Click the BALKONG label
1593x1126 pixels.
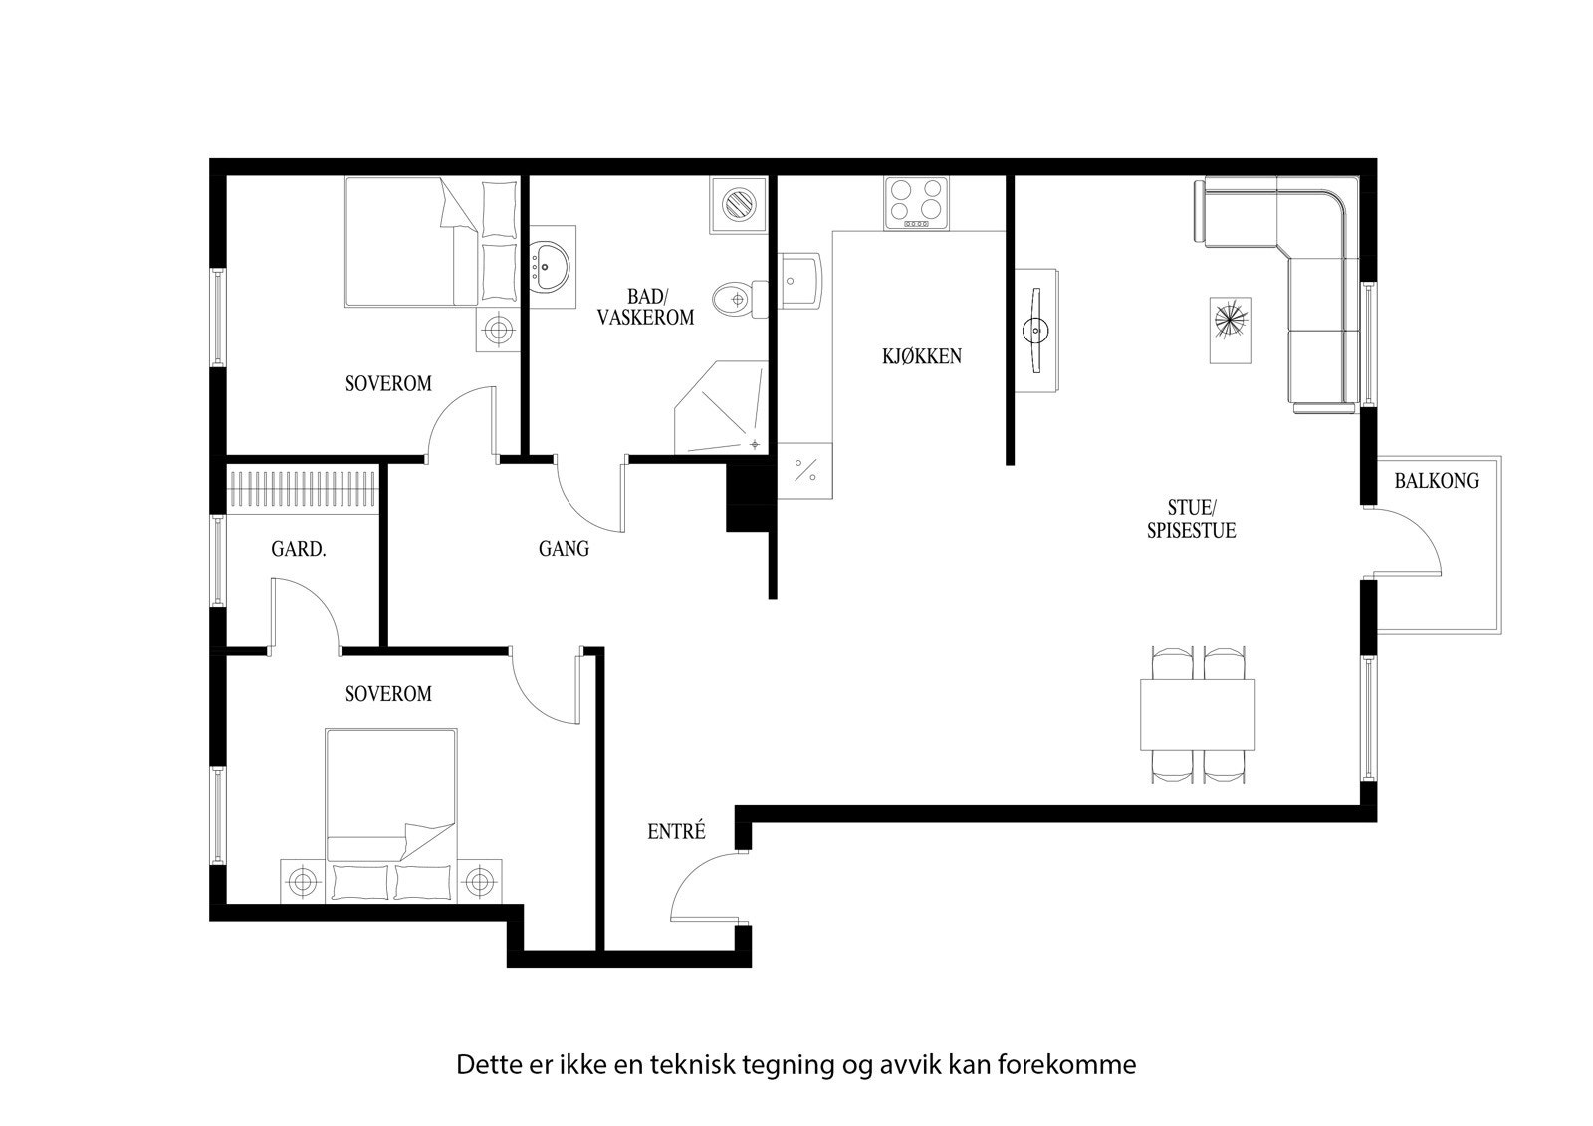point(1436,481)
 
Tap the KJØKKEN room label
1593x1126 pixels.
point(922,356)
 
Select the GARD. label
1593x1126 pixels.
point(299,549)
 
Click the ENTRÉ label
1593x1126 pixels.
point(676,832)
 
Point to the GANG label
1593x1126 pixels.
point(564,549)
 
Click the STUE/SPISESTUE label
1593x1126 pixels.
point(1191,518)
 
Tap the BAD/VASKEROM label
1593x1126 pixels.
point(645,307)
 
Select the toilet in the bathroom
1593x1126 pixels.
point(739,298)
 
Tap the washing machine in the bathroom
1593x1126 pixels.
point(739,205)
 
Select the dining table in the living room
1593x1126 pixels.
point(1197,715)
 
